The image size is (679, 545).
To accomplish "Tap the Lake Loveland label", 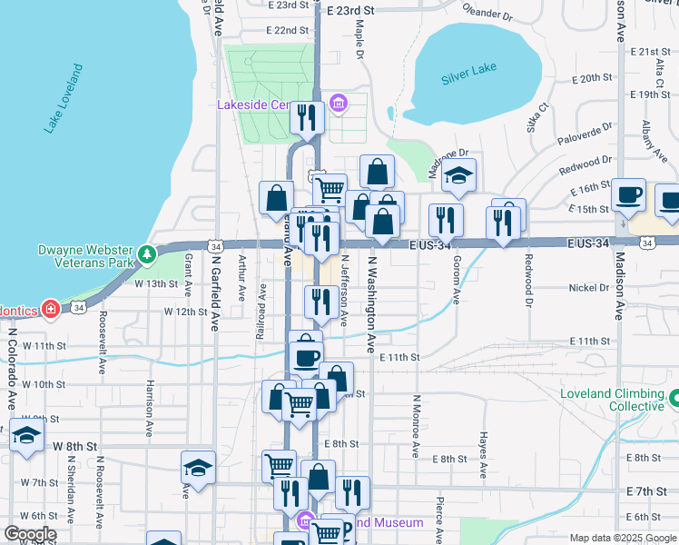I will pyautogui.click(x=64, y=99).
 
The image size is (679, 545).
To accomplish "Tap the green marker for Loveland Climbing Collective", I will pyautogui.click(x=674, y=397).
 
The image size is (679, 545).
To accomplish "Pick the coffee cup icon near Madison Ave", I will pyautogui.click(x=628, y=195).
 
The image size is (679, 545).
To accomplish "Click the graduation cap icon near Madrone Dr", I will pyautogui.click(x=459, y=176).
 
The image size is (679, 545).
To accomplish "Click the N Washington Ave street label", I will pyautogui.click(x=371, y=303).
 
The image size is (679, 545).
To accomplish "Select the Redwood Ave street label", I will pyautogui.click(x=526, y=282).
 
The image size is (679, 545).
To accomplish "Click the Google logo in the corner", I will pyautogui.click(x=30, y=534).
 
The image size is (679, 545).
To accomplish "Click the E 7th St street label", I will pyautogui.click(x=646, y=491).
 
